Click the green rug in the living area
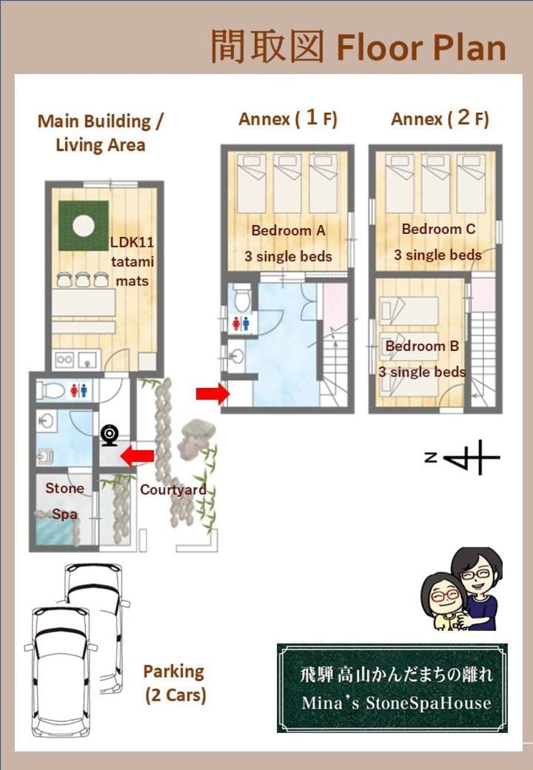(x=84, y=225)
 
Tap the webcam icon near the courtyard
(x=110, y=435)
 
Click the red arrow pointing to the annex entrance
(x=212, y=393)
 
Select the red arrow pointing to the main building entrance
(x=138, y=455)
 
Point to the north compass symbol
(x=463, y=458)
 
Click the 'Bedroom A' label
(x=288, y=230)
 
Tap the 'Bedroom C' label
(x=438, y=229)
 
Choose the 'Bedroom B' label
(x=422, y=346)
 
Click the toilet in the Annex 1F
(x=242, y=297)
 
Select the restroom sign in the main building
(x=78, y=390)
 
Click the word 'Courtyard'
(x=172, y=489)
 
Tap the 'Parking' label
(x=174, y=672)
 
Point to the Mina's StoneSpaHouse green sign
(x=392, y=688)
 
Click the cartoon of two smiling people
(x=462, y=589)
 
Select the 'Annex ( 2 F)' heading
(x=440, y=118)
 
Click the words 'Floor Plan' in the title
(x=421, y=47)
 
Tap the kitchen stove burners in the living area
(x=64, y=359)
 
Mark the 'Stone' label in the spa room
(x=64, y=488)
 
